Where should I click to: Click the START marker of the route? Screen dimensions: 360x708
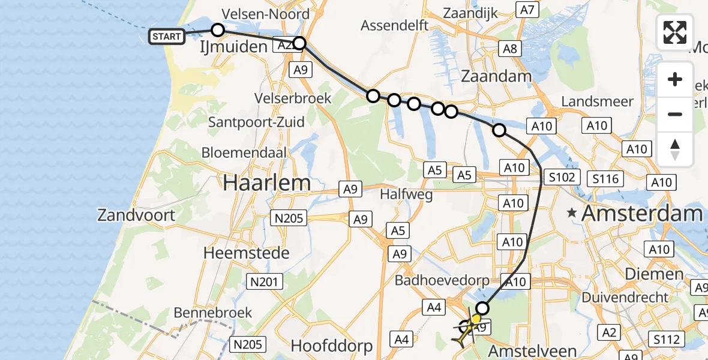click(x=166, y=37)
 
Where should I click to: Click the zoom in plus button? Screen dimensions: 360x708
click(x=675, y=80)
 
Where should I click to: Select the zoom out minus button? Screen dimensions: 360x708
click(x=675, y=114)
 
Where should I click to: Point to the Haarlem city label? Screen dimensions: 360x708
click(x=267, y=183)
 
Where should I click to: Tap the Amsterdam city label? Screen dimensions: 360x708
click(x=641, y=213)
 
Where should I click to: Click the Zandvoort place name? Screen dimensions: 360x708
click(x=137, y=215)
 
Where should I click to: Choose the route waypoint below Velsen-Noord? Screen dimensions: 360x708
click(x=218, y=30)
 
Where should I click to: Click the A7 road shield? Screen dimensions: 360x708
click(x=527, y=10)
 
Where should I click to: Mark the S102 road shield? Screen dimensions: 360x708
click(x=562, y=177)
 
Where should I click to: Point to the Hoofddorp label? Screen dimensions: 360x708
click(x=332, y=346)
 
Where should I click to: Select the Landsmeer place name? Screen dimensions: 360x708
click(x=597, y=101)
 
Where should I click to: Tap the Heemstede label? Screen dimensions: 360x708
click(x=247, y=253)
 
